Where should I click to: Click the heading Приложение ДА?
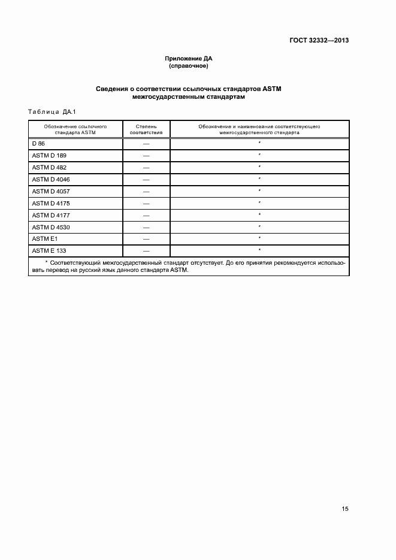(x=189, y=58)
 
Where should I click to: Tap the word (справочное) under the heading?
(x=189, y=66)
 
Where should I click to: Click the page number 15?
(x=345, y=509)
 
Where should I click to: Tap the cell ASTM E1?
(x=43, y=238)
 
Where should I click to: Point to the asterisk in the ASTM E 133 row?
(x=259, y=249)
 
